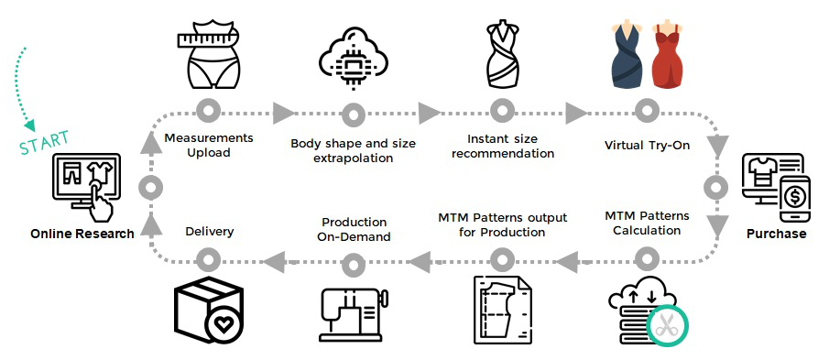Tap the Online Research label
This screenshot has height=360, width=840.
pyautogui.click(x=82, y=234)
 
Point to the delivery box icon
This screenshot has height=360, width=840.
pyautogui.click(x=209, y=311)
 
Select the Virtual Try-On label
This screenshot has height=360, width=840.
pyautogui.click(x=647, y=145)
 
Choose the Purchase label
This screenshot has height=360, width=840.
pyautogui.click(x=776, y=234)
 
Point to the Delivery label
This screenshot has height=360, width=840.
pyautogui.click(x=210, y=232)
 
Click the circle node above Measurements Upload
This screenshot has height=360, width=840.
pyautogui.click(x=208, y=113)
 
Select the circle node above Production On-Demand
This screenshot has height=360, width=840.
pyautogui.click(x=354, y=261)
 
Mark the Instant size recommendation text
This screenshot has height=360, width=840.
pyautogui.click(x=503, y=146)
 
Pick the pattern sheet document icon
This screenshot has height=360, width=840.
pyautogui.click(x=503, y=310)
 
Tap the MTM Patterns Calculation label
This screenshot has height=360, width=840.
pyautogui.click(x=647, y=223)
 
